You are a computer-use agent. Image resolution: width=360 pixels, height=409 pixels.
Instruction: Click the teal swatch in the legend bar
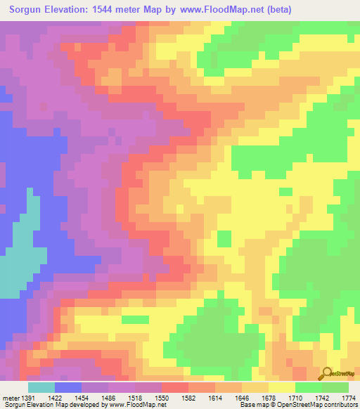41,387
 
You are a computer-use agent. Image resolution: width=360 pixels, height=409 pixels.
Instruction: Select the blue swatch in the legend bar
68,387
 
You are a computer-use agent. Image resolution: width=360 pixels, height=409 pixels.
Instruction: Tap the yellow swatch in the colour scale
282,387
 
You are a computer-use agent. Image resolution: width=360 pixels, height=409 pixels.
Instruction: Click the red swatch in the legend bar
175,387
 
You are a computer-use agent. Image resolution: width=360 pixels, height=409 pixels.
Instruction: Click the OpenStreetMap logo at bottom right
337,374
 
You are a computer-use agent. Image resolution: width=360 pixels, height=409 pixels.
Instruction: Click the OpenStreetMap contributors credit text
317,404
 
